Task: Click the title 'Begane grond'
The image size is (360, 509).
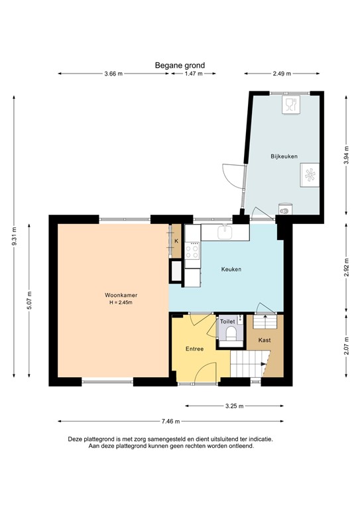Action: point(180,65)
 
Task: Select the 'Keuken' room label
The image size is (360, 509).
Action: point(231,269)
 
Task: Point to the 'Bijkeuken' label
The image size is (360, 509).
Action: point(284,156)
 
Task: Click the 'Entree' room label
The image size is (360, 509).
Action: point(194,349)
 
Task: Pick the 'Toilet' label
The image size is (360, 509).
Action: point(227,321)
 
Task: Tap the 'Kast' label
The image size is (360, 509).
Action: point(273,341)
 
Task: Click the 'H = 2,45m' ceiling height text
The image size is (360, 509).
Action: point(121,303)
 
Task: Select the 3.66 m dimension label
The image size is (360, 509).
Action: point(113,74)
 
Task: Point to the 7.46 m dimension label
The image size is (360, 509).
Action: point(170,420)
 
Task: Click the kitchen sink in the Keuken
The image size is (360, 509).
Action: point(225,232)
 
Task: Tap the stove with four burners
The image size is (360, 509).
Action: point(193,251)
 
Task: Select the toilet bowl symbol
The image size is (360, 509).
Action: point(229,333)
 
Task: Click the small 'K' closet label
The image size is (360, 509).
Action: point(176,241)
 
